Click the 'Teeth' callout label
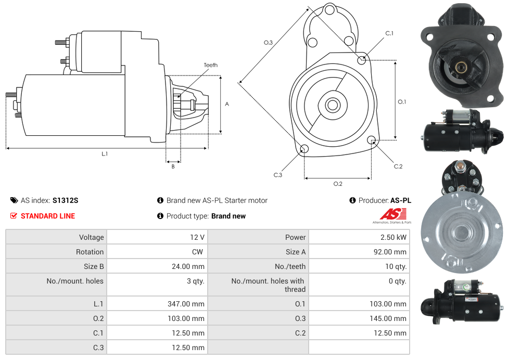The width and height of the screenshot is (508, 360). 210,65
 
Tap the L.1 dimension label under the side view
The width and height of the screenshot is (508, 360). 104,153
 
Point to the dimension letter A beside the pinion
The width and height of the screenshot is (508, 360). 226,104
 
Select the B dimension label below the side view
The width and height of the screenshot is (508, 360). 173,166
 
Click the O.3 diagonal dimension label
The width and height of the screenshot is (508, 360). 268,43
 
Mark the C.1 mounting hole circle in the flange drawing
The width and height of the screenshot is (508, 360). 362,60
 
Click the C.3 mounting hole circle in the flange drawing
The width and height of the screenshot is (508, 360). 304,150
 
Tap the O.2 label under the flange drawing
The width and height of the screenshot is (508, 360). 338,184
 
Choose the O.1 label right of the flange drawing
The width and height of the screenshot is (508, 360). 402,102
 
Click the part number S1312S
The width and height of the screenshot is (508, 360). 65,200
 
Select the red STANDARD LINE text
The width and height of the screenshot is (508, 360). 48,216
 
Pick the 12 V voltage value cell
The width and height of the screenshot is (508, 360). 197,237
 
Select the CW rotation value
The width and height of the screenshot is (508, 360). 199,252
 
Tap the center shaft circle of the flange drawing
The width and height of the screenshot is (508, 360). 332,105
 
